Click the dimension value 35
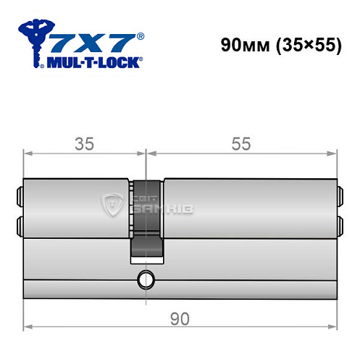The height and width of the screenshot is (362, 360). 85,144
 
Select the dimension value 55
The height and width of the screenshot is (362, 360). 242,144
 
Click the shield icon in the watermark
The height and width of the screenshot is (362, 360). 113,205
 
